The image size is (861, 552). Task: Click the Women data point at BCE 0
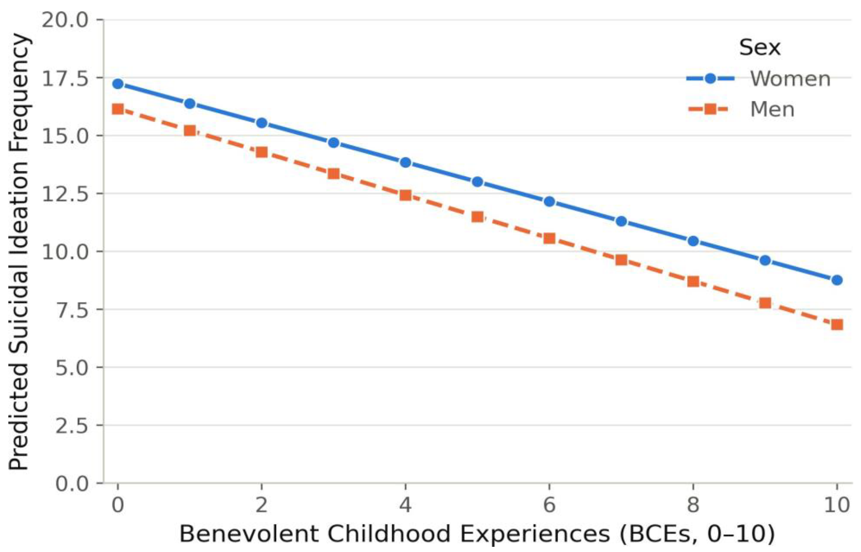coord(118,84)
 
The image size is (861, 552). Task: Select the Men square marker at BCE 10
coord(837,325)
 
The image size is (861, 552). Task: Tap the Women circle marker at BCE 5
coord(477,182)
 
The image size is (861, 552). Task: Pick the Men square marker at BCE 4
coord(405,195)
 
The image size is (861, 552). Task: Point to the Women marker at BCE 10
coord(837,280)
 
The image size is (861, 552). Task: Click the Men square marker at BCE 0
coord(118,109)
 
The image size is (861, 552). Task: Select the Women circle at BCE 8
coord(693,241)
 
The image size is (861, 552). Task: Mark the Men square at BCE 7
coord(621,260)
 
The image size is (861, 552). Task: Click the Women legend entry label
coord(790,78)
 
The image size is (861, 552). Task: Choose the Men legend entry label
coord(772,109)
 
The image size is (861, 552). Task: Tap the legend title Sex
coord(759,47)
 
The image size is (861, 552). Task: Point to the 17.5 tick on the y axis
coord(65,78)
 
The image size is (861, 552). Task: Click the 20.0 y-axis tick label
coord(65,20)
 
